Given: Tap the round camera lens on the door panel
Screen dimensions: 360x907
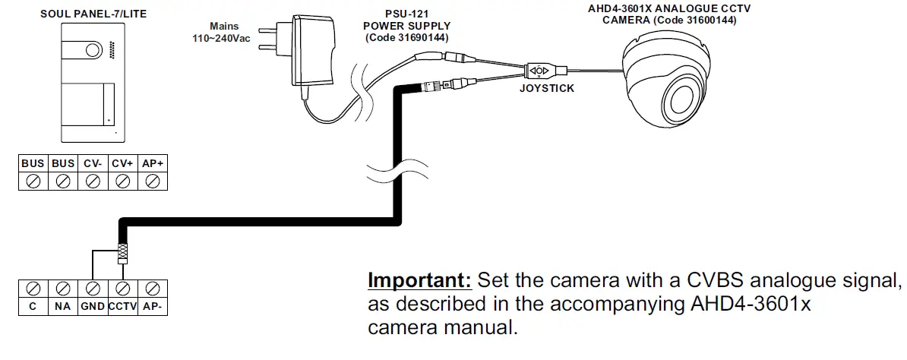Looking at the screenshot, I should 92,51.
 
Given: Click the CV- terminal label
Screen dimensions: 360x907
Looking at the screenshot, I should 93,163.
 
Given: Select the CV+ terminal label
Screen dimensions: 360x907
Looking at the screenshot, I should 122,163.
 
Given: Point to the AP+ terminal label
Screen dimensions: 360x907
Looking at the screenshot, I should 153,163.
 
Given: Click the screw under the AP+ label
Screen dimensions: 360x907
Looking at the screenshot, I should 153,182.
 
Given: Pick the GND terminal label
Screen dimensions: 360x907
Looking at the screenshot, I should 93,307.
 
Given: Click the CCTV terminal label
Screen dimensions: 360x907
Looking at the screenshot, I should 122,307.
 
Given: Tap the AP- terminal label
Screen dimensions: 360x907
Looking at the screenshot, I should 153,307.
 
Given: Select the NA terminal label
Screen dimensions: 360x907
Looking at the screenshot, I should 63,307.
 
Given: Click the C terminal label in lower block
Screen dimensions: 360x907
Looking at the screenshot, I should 33,307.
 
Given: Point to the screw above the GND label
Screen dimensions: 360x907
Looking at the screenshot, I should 93,289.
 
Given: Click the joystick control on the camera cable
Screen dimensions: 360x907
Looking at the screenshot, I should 539,71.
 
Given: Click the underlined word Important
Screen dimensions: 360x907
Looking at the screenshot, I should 420,280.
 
